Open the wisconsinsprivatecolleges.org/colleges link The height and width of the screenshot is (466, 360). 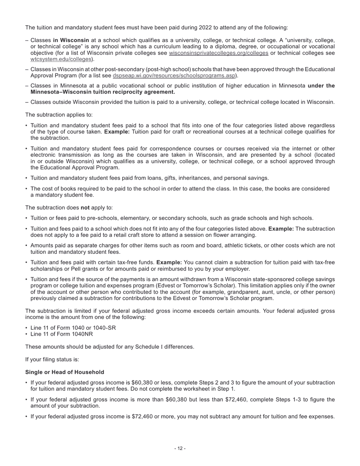coord(218,53)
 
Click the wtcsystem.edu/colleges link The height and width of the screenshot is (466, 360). coord(61,59)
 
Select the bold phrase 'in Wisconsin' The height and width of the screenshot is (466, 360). coord(71,40)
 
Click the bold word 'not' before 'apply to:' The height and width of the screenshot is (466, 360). coord(85,208)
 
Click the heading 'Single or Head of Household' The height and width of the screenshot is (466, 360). coord(65,372)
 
